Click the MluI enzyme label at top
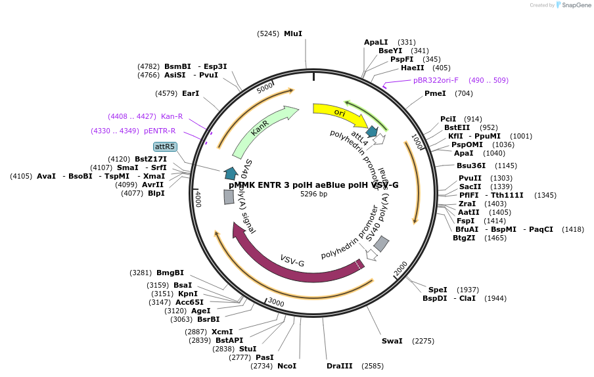[293, 33]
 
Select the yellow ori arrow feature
[339, 113]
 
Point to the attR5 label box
[165, 146]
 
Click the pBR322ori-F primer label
[436, 80]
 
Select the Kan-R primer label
[171, 116]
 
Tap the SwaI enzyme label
[392, 341]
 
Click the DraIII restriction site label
[340, 366]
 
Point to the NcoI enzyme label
[286, 366]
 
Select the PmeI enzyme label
[435, 93]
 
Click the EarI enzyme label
[191, 93]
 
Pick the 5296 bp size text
[313, 194]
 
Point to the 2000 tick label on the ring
[401, 269]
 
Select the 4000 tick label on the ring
[198, 199]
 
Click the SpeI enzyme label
[438, 290]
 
